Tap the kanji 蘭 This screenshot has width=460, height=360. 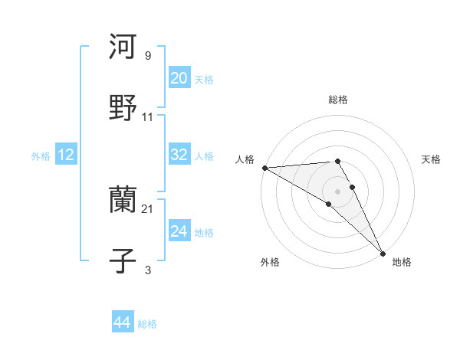(123, 200)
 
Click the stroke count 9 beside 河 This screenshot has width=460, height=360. (147, 55)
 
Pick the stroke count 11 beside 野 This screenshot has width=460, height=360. (148, 117)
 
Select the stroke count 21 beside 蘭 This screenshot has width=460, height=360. (148, 208)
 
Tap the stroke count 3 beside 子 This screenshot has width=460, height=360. (147, 270)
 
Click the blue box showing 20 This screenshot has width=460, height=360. (179, 78)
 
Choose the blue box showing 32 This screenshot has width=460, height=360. (179, 155)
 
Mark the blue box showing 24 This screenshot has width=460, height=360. (179, 231)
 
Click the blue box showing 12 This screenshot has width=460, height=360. (66, 155)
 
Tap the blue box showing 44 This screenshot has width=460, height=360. (122, 322)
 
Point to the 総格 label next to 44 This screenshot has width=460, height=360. (147, 324)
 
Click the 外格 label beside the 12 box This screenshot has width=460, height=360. (41, 155)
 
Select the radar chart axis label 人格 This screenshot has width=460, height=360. (245, 159)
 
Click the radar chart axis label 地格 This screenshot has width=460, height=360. (402, 262)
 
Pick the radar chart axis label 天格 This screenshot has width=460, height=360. (432, 159)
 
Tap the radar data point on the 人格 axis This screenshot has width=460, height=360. (264, 168)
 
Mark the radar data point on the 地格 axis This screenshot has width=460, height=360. (383, 254)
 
